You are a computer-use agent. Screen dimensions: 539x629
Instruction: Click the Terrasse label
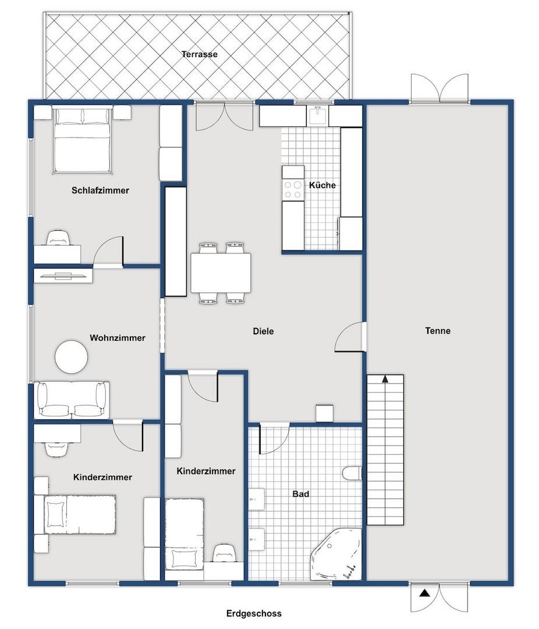pyautogui.click(x=199, y=54)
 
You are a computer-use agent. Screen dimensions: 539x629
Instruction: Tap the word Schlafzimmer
pyautogui.click(x=100, y=190)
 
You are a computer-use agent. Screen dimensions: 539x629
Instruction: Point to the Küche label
pyautogui.click(x=322, y=185)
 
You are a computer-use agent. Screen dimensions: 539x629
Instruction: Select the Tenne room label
pyautogui.click(x=438, y=331)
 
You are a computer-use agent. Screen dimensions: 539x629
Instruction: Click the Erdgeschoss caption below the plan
pyautogui.click(x=254, y=613)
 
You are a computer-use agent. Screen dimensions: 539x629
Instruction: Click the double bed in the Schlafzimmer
pyautogui.click(x=82, y=140)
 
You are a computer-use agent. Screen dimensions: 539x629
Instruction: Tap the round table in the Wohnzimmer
pyautogui.click(x=72, y=357)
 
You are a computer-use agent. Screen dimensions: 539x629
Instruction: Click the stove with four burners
pyautogui.click(x=293, y=189)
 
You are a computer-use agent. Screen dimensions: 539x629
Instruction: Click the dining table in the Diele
pyautogui.click(x=221, y=273)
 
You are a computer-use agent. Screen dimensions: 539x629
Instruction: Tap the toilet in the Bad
pyautogui.click(x=353, y=473)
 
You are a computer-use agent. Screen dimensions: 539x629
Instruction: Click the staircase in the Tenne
pyautogui.click(x=385, y=450)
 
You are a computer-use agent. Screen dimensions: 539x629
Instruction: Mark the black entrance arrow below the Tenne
pyautogui.click(x=425, y=593)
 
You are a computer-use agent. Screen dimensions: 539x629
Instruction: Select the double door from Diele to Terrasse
pyautogui.click(x=225, y=116)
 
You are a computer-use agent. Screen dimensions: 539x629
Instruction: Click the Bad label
pyautogui.click(x=301, y=494)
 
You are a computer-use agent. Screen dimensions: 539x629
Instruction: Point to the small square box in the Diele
pyautogui.click(x=324, y=413)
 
